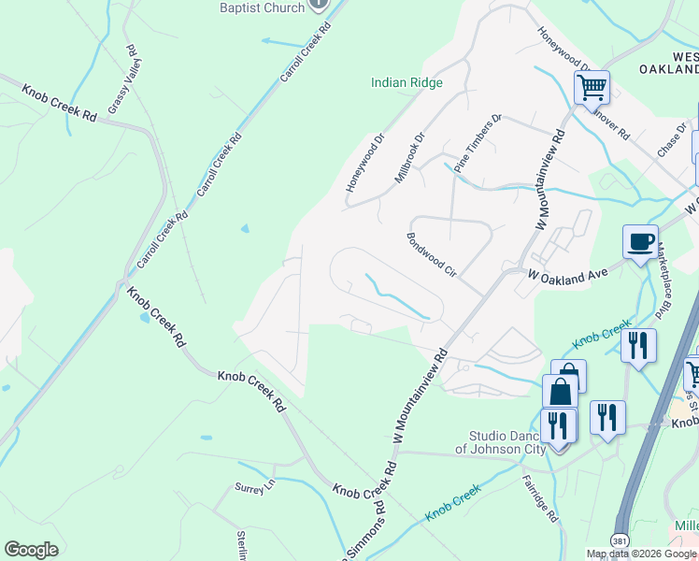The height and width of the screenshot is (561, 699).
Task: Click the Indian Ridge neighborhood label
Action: click(x=407, y=82)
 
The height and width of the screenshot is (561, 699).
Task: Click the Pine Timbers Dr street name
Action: click(x=478, y=143)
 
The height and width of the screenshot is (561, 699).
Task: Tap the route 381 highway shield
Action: click(x=620, y=540)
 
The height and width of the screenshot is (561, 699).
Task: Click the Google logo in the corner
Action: click(x=31, y=549)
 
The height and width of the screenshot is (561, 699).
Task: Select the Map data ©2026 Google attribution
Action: click(x=642, y=554)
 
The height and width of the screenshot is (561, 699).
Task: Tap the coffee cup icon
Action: click(x=641, y=242)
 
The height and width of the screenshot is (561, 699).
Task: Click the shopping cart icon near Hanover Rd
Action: click(x=592, y=88)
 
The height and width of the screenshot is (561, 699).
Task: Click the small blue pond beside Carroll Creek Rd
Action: click(x=245, y=227)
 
